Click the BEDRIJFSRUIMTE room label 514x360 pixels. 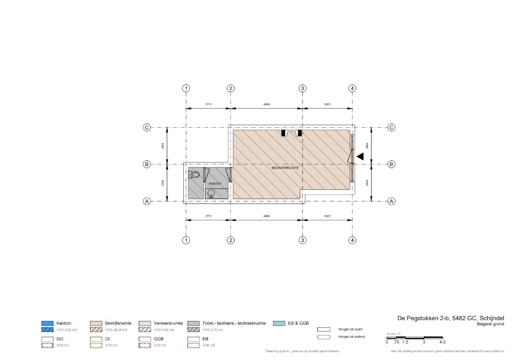(284, 168)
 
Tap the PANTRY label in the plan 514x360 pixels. (215, 184)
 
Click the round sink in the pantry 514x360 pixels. (211, 193)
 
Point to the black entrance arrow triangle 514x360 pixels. (360, 156)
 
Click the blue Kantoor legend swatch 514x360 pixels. (48, 323)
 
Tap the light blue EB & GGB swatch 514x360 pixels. (278, 323)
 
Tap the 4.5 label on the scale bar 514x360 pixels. (442, 342)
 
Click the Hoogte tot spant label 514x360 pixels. (350, 328)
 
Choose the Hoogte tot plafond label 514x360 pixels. (351, 337)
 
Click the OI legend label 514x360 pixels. (107, 338)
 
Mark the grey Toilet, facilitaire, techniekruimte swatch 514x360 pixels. (194, 323)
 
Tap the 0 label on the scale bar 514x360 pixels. (387, 342)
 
